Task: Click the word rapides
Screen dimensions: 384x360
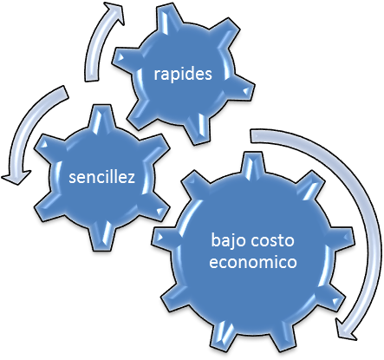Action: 183,75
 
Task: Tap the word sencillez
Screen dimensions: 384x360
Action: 101,176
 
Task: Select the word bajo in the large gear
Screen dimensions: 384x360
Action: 228,241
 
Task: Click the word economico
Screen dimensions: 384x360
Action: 253,262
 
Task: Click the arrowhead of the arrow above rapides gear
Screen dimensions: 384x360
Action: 114,12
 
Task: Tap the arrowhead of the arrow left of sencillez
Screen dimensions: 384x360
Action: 16,177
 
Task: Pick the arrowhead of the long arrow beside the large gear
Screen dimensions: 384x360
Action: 348,330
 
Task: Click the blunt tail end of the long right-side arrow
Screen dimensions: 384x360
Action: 251,136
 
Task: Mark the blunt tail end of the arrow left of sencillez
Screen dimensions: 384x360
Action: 64,92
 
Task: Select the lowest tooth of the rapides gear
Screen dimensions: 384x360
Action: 197,129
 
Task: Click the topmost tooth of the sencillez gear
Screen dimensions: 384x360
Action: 101,119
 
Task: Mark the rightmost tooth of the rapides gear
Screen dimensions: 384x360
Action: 243,89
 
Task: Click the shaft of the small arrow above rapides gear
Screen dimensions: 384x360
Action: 95,50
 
